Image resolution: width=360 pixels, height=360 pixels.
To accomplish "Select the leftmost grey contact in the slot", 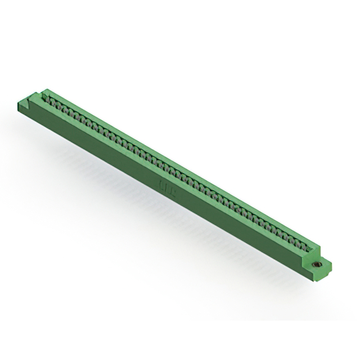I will coord(51,100).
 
